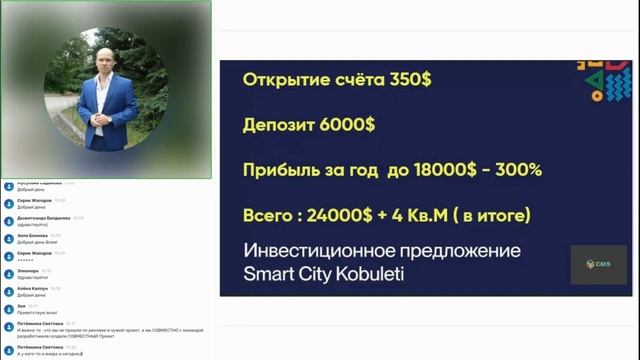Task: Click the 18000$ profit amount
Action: [x=434, y=169]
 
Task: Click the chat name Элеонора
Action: [x=28, y=270]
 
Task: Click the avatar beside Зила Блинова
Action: [x=9, y=237]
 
